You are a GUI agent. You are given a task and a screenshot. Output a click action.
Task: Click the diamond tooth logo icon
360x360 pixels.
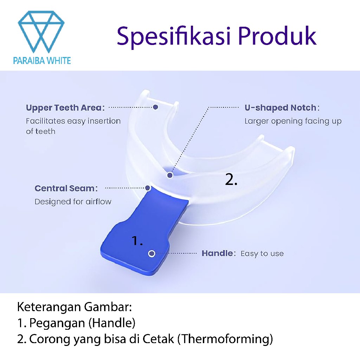41,31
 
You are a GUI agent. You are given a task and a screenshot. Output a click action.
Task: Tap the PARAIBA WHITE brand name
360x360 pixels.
42,60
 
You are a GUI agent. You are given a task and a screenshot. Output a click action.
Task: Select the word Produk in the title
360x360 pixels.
277,36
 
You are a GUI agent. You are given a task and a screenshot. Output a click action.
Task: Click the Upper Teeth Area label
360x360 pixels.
65,108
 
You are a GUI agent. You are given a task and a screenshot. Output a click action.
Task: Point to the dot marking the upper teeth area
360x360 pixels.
155,107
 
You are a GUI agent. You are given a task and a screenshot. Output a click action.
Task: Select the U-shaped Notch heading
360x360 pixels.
282,108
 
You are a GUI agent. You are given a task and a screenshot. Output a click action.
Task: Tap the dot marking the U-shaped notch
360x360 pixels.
170,175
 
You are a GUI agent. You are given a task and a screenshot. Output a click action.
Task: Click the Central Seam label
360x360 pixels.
66,188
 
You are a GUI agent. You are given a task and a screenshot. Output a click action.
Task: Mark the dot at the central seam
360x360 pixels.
148,188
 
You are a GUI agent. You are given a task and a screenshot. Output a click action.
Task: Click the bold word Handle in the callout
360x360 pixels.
217,253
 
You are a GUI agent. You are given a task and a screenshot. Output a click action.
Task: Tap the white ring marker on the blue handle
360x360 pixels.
152,254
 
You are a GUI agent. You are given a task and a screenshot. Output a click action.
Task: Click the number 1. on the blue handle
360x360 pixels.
137,240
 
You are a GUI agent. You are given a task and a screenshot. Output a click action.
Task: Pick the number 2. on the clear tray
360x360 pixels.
231,179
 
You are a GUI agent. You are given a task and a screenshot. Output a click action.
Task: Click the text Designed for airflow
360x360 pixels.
73,202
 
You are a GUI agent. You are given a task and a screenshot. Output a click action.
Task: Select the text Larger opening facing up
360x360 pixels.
293,121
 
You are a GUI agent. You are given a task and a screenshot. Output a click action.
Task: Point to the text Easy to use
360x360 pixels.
262,253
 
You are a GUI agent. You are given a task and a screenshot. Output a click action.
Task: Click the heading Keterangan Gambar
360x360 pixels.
75,307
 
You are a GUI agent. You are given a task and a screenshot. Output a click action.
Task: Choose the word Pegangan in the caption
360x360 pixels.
57,323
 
